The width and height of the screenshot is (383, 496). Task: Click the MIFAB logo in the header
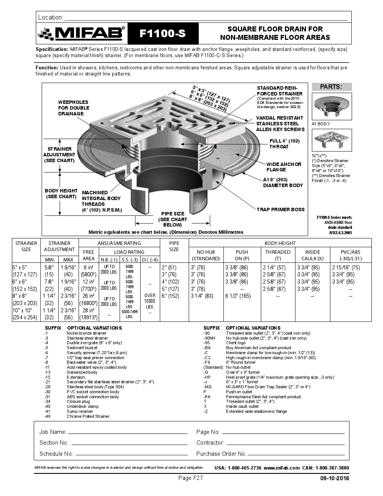(x=82, y=34)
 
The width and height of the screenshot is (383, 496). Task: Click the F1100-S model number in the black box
(x=162, y=34)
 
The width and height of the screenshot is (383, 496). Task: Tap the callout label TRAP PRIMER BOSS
(x=280, y=210)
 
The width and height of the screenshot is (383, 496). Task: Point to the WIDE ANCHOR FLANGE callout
(x=283, y=167)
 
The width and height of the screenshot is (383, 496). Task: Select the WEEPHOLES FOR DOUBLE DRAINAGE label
(x=74, y=108)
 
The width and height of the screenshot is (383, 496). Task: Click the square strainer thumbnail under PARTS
(x=331, y=140)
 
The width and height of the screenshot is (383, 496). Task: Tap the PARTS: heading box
(x=331, y=87)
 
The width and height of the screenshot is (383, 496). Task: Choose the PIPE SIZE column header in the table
(x=174, y=246)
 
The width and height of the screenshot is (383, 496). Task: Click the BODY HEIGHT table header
(x=280, y=243)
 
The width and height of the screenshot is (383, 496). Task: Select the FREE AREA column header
(x=88, y=255)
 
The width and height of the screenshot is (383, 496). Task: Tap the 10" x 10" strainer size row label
(x=22, y=310)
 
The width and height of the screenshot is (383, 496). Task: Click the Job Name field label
(x=53, y=432)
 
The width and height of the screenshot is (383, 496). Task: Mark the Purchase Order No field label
(x=221, y=454)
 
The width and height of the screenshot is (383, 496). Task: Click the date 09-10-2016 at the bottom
(x=334, y=478)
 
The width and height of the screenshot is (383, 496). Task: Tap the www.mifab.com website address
(x=282, y=468)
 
